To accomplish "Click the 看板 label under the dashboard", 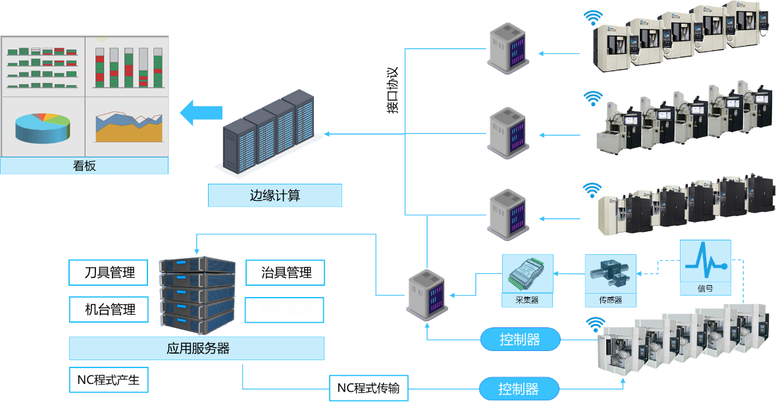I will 84,166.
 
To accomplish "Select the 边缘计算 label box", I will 275,196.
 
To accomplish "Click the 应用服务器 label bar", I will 197,348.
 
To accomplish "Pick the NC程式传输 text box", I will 368,388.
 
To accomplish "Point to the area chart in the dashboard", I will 128,126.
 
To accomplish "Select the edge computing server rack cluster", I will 270,132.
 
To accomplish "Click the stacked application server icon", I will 197,293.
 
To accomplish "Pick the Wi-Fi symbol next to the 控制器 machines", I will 596,325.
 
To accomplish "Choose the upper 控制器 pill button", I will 520,340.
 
